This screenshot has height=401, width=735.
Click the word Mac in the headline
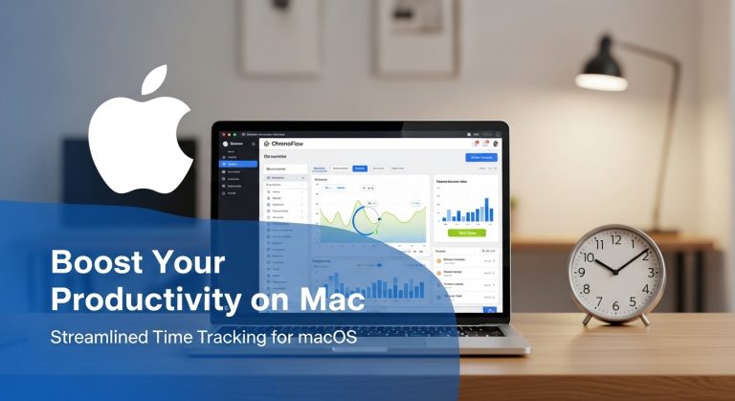[x=330, y=300]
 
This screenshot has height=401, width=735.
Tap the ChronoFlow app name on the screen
[x=291, y=145]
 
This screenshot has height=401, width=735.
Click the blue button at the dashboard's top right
[x=480, y=157]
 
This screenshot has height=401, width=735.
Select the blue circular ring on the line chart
[x=368, y=218]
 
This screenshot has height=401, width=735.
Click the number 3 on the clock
[x=650, y=273]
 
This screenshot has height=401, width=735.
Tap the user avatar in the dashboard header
[x=495, y=144]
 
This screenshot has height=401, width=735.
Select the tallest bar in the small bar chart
[x=487, y=208]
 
